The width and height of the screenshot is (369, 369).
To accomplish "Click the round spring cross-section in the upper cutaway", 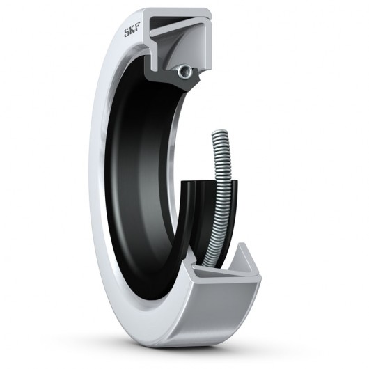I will point(183,70).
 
